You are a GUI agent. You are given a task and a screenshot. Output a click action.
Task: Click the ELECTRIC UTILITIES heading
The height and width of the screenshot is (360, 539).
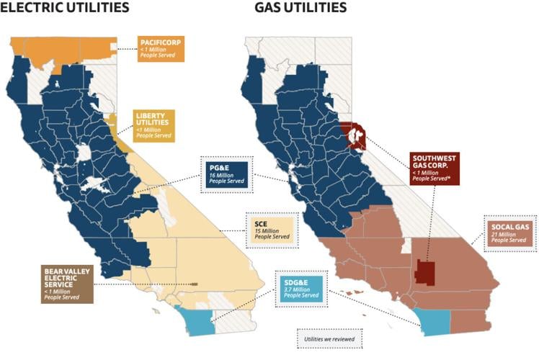pos(65,9)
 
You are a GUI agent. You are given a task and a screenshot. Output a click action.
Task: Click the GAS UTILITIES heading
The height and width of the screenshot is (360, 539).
pos(300,9)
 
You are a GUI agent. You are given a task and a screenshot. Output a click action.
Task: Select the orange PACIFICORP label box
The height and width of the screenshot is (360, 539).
pos(161,48)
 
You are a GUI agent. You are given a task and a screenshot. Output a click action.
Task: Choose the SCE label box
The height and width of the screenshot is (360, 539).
pos(272,227)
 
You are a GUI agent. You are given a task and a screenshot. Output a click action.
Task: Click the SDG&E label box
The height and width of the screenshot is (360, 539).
pos(300,285)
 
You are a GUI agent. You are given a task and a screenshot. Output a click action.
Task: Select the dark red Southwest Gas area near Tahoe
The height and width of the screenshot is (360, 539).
pos(355,134)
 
